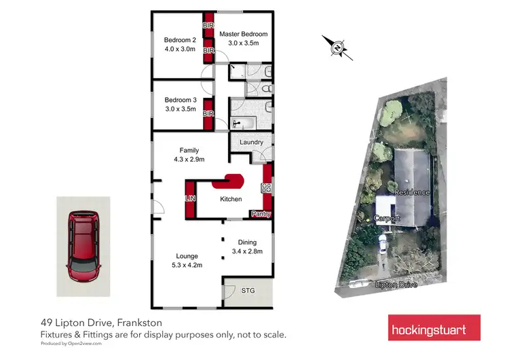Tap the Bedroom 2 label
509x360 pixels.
[180, 39]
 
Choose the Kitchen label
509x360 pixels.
[231, 200]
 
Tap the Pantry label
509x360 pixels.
[261, 214]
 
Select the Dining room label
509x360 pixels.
[247, 242]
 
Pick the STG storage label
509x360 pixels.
[248, 290]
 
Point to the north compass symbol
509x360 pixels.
[337, 47]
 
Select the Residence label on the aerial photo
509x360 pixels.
[413, 192]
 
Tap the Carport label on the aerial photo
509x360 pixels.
[387, 219]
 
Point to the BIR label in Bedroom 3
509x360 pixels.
[208, 113]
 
